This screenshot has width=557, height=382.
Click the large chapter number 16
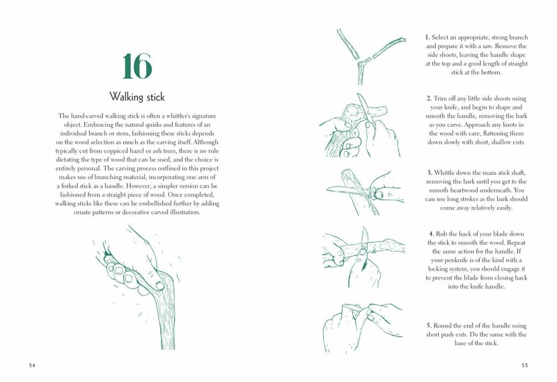[137, 66]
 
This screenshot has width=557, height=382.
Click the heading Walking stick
[137, 96]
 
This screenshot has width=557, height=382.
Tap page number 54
[32, 365]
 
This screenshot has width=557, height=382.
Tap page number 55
[525, 365]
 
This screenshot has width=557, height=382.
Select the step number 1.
[427, 38]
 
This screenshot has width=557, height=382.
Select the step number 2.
[429, 98]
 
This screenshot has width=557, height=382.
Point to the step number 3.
[430, 173]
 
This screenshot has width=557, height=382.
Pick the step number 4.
[431, 234]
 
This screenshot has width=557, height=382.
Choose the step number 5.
[429, 326]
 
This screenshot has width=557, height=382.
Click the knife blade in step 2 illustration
[364, 106]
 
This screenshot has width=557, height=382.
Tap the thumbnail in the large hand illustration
[159, 285]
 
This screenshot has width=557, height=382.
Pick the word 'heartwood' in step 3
[461, 190]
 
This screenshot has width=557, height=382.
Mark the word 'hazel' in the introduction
[136, 151]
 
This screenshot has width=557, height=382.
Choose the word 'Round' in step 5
[443, 326]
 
